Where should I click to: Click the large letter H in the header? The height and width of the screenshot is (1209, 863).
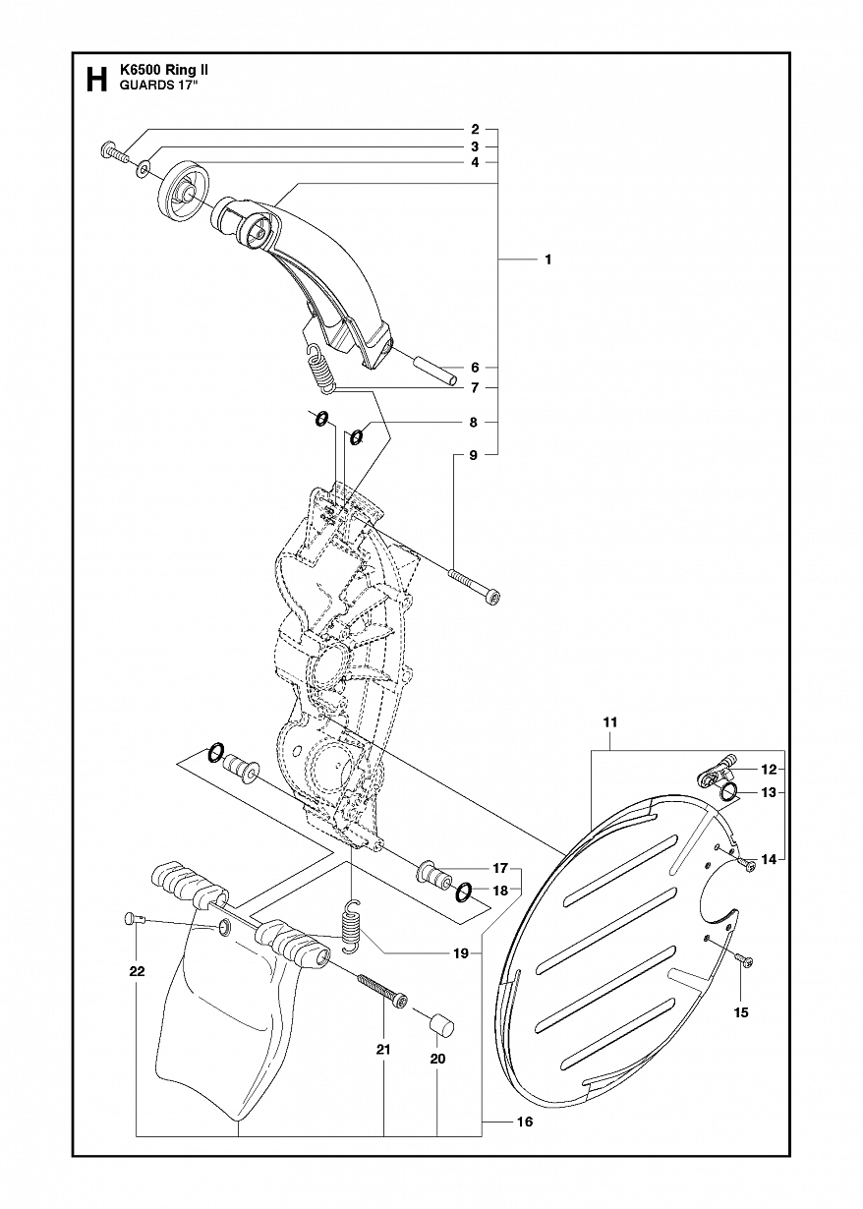[95, 80]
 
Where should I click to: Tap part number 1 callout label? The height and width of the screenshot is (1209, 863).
[547, 259]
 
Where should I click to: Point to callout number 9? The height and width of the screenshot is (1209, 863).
[474, 455]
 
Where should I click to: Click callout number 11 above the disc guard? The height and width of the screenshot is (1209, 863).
[609, 722]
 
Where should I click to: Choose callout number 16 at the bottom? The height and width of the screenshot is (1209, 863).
[525, 1123]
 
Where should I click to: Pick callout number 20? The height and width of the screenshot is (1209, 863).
[438, 1059]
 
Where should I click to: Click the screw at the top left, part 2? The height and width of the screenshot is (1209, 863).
[115, 153]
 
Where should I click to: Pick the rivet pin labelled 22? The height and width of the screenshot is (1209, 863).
[136, 920]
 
